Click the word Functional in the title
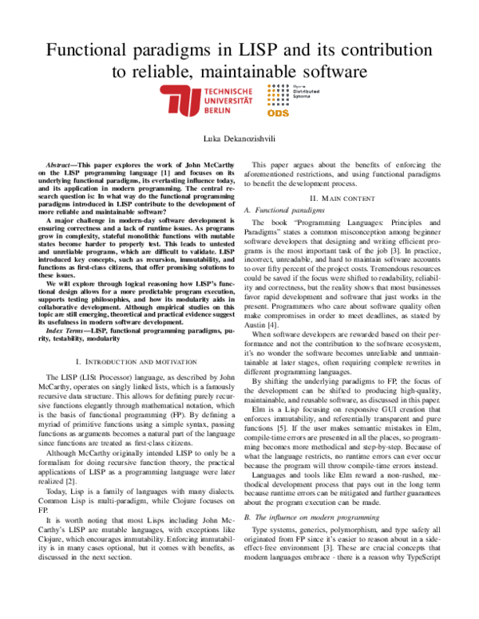coord(90,51)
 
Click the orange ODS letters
coord(302,112)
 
